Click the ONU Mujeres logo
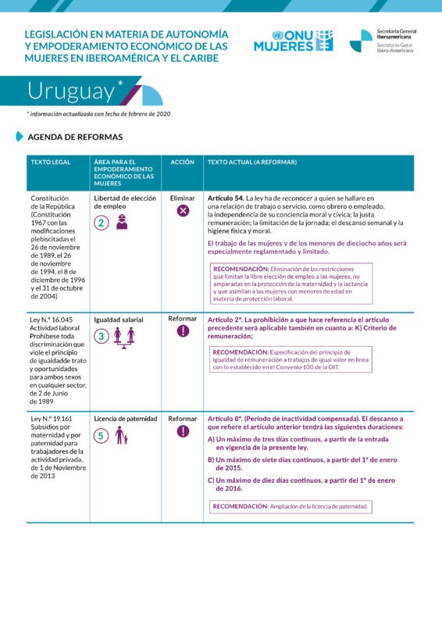pyautogui.click(x=294, y=41)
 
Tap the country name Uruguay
pyautogui.click(x=71, y=91)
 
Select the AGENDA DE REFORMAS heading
pyautogui.click(x=75, y=137)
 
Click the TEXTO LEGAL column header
pyautogui.click(x=50, y=162)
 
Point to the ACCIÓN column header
pyautogui.click(x=183, y=162)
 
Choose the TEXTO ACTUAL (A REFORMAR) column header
pyautogui.click(x=252, y=162)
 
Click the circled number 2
pyautogui.click(x=101, y=223)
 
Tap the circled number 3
pyautogui.click(x=101, y=336)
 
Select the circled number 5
pyautogui.click(x=101, y=436)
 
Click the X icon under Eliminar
pyautogui.click(x=183, y=211)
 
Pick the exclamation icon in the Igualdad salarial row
pyautogui.click(x=183, y=331)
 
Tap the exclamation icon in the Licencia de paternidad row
pyautogui.click(x=183, y=431)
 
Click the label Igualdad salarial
pyautogui.click(x=119, y=320)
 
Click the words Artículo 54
pyautogui.click(x=226, y=198)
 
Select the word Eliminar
pyautogui.click(x=183, y=198)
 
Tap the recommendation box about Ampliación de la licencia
pyautogui.click(x=291, y=506)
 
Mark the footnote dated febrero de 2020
pyautogui.click(x=98, y=114)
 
